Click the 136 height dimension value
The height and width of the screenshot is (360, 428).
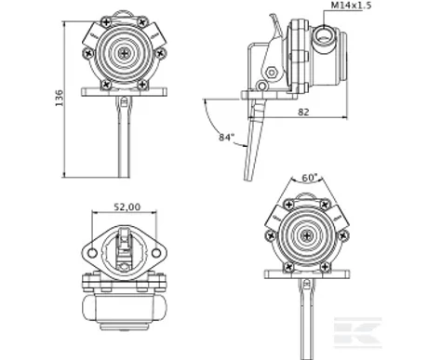click(59, 98)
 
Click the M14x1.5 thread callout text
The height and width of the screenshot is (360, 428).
click(351, 6)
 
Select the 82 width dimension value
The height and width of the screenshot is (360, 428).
click(303, 112)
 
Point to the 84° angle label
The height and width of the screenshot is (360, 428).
click(226, 137)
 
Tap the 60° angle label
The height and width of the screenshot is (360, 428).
click(310, 178)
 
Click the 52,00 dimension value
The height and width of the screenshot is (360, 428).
click(127, 207)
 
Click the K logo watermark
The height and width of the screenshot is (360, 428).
click(357, 332)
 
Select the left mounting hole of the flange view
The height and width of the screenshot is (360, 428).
click(92, 253)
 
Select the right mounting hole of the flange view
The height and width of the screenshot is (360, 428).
click(156, 253)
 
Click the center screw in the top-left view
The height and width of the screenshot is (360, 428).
click(125, 54)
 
